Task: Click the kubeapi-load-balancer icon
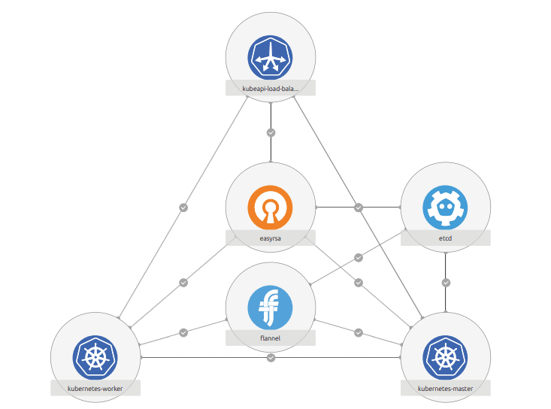[x=271, y=57]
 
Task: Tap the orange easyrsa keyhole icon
[x=271, y=208]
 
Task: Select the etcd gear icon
[x=445, y=208]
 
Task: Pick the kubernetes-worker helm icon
[x=95, y=357]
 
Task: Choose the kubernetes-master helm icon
[x=445, y=357]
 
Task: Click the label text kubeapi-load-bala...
[x=271, y=88]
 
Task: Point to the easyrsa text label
[x=271, y=238]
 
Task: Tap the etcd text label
[x=445, y=238]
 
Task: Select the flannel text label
[x=271, y=338]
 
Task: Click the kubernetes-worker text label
[x=95, y=388]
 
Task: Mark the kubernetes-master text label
[x=445, y=388]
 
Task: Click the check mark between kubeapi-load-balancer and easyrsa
[x=271, y=132]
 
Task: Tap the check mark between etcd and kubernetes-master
[x=446, y=283]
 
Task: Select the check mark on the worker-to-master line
[x=271, y=357]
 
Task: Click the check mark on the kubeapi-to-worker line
[x=183, y=208]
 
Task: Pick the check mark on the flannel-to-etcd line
[x=359, y=257]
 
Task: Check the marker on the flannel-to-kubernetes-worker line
[x=183, y=332]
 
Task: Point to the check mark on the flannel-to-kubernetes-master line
[x=359, y=332]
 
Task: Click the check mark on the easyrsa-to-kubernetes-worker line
[x=183, y=283]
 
